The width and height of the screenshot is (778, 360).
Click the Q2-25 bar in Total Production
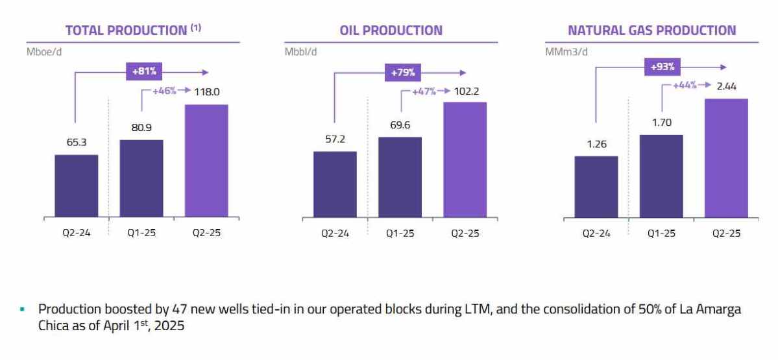[206, 160]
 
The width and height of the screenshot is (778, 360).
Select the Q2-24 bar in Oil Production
[335, 184]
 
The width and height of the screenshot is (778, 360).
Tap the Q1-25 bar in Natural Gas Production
[661, 176]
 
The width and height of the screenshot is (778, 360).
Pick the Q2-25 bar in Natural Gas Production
[726, 158]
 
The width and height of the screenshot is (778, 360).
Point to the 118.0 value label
[207, 93]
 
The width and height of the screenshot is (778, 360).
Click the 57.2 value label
[335, 140]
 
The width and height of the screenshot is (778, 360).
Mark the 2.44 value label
[727, 86]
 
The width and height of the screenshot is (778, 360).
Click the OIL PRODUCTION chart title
[391, 30]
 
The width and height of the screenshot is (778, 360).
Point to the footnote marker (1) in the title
[195, 27]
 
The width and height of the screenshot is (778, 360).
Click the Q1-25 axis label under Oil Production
[400, 234]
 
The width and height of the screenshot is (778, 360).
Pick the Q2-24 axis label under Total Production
[76, 234]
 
